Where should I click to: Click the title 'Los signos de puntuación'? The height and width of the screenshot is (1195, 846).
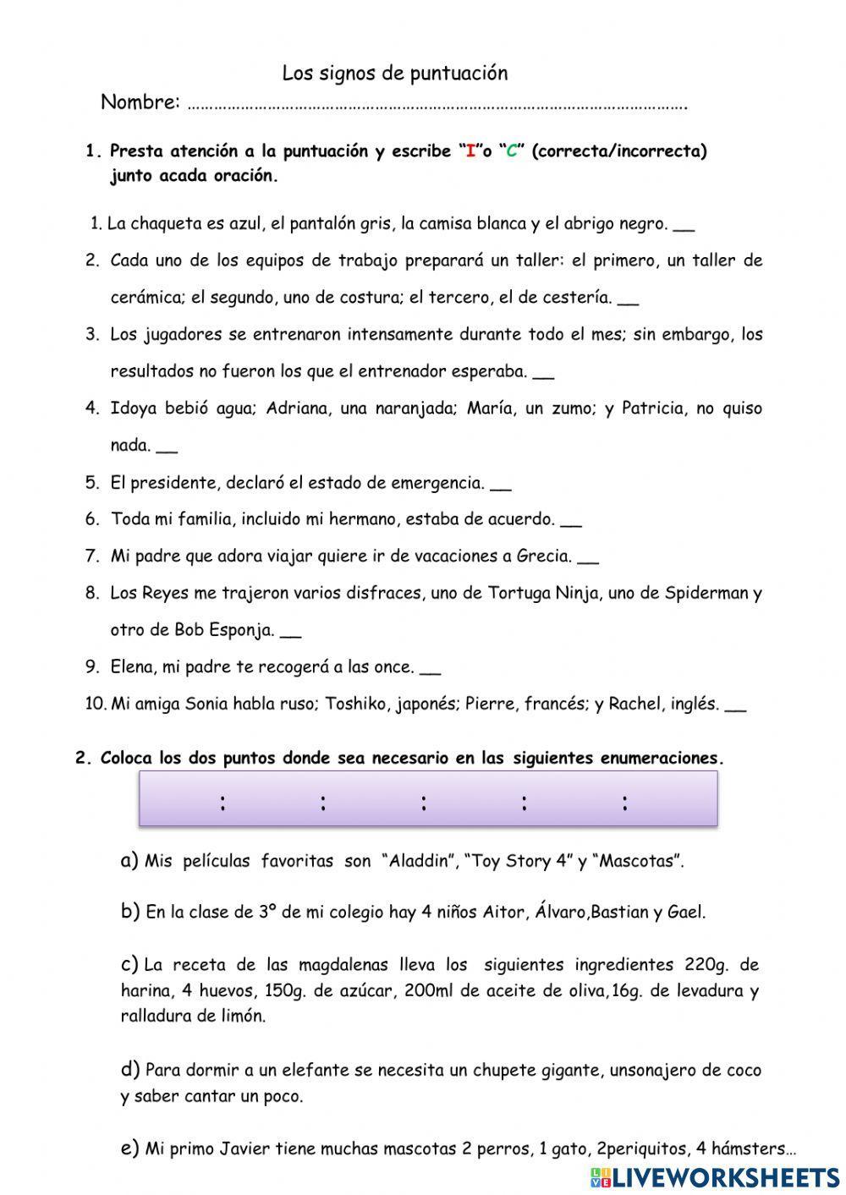394,74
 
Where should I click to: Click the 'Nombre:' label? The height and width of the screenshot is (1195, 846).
140,102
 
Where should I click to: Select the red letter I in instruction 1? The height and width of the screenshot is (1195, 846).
470,152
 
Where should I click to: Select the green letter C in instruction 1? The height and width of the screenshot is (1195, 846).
511,152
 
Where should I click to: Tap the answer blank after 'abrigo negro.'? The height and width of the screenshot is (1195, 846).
685,226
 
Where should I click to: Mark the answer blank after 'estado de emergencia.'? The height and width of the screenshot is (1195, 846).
501,485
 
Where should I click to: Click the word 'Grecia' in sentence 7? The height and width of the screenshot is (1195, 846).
541,556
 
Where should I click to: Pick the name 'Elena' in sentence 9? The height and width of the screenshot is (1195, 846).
132,667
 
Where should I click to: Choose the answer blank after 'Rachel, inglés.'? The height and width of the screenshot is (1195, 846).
736,705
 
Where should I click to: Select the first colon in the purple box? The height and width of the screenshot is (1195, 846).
222,803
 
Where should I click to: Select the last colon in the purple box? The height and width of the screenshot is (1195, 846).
624,803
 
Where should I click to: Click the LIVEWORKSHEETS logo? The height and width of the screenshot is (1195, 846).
716,1176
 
